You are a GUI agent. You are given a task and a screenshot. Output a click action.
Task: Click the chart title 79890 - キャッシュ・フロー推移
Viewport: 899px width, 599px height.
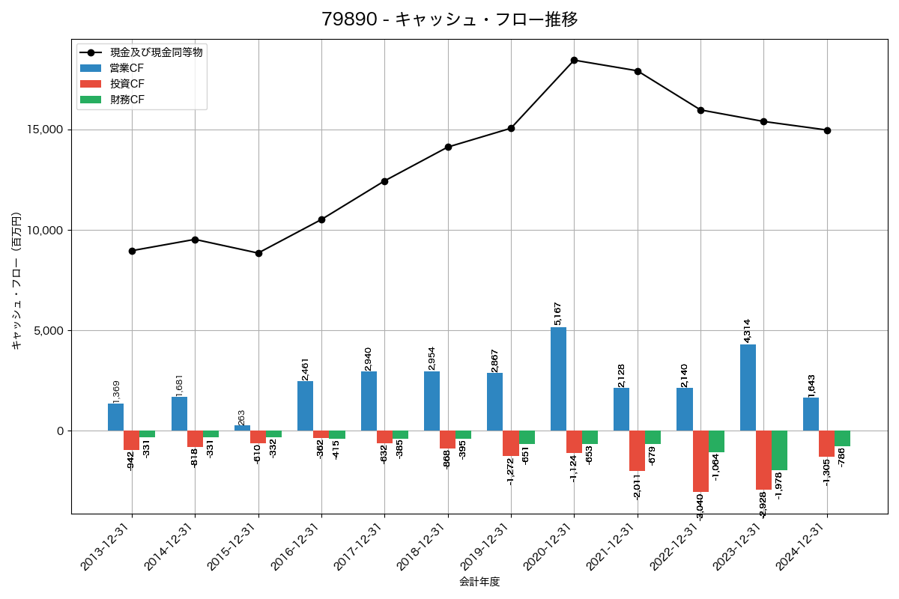449,19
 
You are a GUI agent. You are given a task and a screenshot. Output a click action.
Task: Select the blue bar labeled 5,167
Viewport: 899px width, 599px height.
558,379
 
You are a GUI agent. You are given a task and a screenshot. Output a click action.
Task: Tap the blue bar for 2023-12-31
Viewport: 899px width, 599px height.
748,387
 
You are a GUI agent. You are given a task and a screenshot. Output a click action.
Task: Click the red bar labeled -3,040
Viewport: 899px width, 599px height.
700,460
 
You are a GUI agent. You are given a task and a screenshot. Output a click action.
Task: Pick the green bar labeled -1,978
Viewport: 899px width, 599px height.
779,450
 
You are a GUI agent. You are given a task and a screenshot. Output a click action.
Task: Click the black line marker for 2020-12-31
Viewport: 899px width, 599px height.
574,60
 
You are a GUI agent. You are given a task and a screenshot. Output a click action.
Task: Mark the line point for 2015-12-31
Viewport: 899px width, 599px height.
258,253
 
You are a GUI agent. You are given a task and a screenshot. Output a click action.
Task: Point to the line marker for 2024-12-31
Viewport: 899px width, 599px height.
827,130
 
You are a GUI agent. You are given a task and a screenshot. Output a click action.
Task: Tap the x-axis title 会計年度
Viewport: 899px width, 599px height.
479,582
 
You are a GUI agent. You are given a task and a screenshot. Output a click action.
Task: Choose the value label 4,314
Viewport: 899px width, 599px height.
747,330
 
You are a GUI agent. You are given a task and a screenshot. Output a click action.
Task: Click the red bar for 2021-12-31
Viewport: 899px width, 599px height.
637,451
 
